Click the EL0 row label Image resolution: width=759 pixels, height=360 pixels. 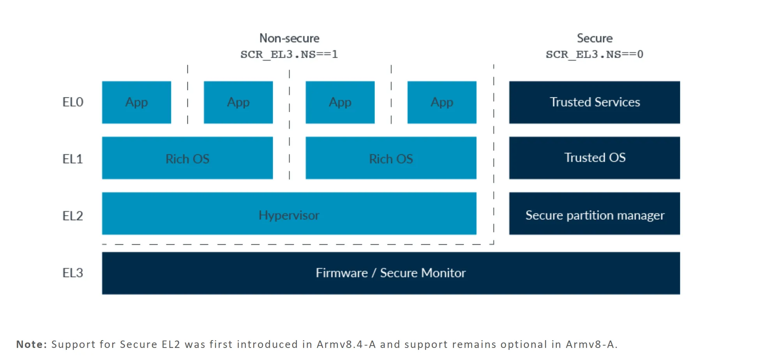coord(73,102)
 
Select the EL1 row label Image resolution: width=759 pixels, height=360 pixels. coord(73,159)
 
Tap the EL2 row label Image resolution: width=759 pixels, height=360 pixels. coord(73,216)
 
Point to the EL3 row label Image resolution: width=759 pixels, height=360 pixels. coord(73,273)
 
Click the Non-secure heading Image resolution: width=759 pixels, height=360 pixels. coord(289,38)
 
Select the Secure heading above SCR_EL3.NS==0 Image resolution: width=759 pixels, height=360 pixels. coord(595,38)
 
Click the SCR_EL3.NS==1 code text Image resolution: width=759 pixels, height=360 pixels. coord(289,54)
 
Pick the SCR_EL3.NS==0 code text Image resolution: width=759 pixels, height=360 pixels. coord(595,54)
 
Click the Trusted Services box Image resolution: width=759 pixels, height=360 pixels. coord(595,102)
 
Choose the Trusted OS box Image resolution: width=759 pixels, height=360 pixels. coord(595,158)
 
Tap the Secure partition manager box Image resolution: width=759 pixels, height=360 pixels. coord(595,214)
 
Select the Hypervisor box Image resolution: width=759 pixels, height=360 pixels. coord(289,214)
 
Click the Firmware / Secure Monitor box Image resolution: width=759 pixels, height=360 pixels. coord(391,273)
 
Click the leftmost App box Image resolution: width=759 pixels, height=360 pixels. coord(136,102)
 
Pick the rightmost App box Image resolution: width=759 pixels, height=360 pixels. coord(442,102)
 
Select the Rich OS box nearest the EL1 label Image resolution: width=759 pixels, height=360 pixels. coord(187,158)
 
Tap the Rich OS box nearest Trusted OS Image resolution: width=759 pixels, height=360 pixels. coord(391,158)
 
